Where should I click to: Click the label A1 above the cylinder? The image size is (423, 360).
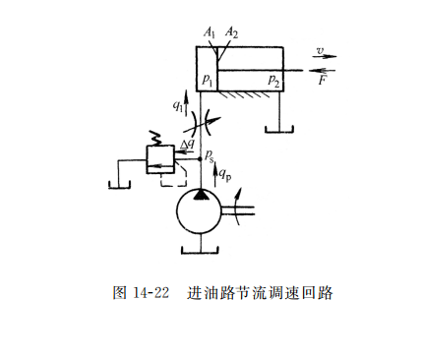210,33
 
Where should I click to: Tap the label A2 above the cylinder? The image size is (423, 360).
231,33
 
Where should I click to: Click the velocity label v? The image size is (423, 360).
321,51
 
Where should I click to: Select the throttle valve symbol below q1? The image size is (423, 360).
201,123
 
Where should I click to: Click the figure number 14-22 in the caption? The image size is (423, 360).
151,292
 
